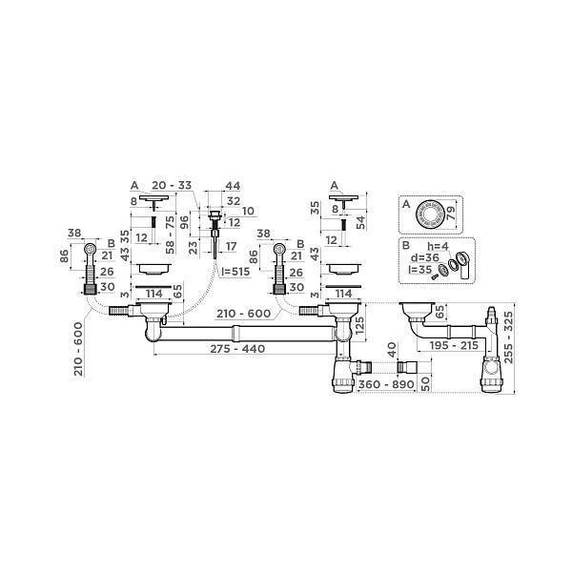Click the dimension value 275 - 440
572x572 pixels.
point(237,349)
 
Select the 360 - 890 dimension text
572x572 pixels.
point(386,384)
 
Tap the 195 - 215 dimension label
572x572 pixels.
point(454,345)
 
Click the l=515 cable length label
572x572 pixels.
point(235,272)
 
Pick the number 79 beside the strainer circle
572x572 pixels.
point(451,213)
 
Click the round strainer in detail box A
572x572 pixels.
point(431,214)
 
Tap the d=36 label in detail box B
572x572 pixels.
point(424,258)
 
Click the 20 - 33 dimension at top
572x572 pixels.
point(172,185)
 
